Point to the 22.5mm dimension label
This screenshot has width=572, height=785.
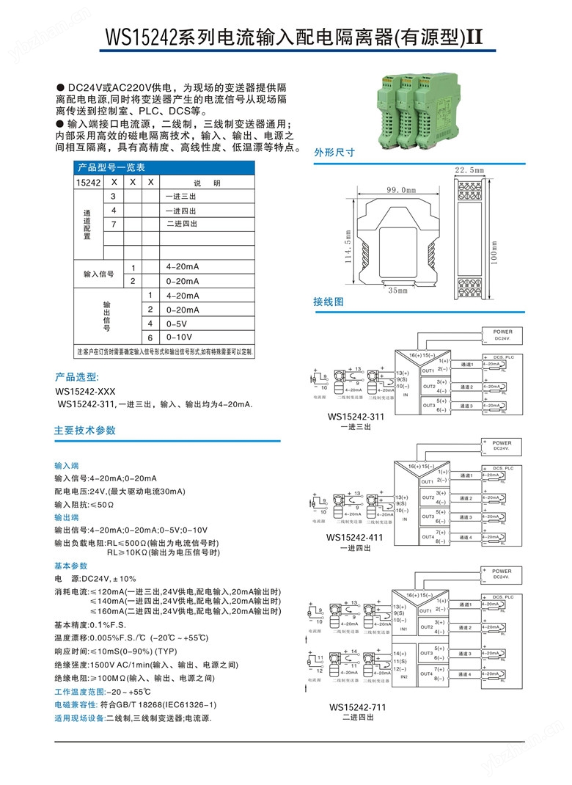tap(470, 170)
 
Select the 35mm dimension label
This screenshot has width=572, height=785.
tap(397, 291)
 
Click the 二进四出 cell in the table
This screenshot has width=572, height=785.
tap(182, 224)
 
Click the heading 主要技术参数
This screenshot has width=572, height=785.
tap(85, 431)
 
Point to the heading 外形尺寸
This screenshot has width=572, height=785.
tap(334, 153)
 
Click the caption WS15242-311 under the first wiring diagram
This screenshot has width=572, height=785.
tap(356, 417)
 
